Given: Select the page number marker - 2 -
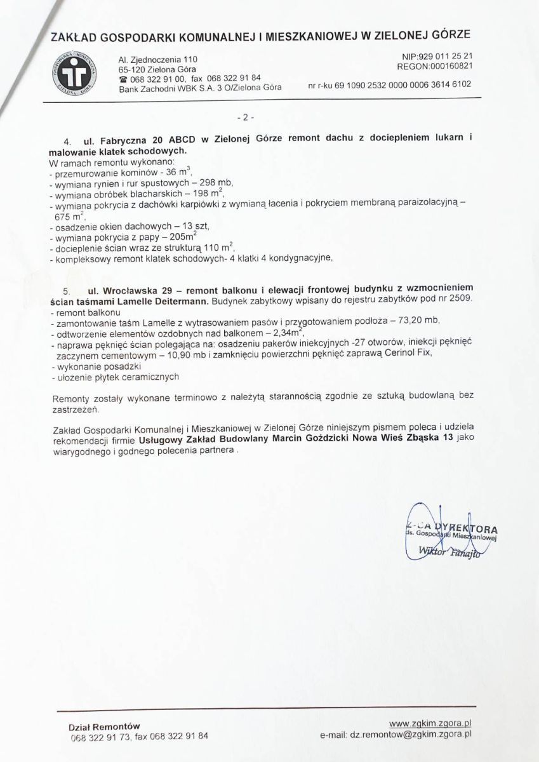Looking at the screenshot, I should tap(244, 117).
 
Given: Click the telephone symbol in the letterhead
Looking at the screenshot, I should tap(123, 79).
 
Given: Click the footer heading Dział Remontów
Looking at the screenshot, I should tap(104, 726).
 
